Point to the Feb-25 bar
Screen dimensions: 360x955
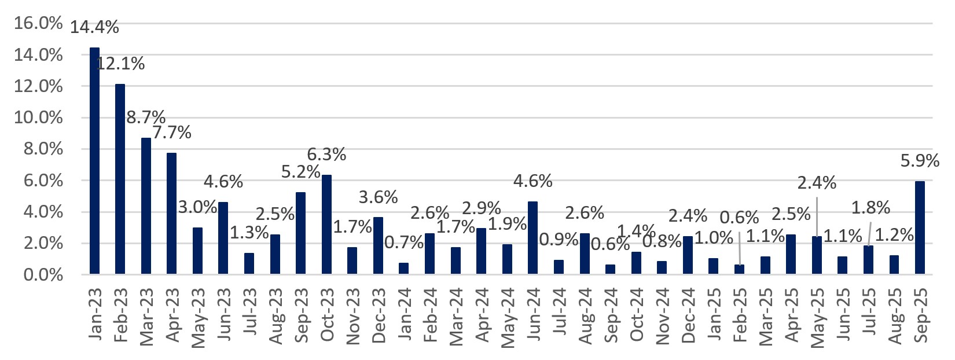coord(740,269)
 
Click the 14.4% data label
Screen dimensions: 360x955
coord(94,27)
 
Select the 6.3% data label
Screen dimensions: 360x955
coord(326,155)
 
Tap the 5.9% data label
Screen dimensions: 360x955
coord(920,160)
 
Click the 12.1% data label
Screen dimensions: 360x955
coord(120,64)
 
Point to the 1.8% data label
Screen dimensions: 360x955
coord(870,207)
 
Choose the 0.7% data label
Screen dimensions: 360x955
coord(404,243)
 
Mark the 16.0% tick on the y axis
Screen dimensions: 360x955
coord(38,24)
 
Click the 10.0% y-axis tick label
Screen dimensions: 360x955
coord(38,118)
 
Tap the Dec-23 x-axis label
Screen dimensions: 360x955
coord(379,315)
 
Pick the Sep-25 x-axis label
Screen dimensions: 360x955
coord(920,315)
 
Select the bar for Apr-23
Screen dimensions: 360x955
coord(172,214)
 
